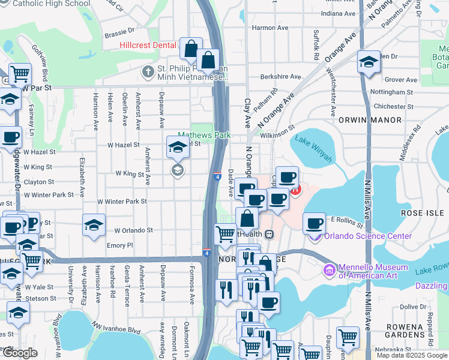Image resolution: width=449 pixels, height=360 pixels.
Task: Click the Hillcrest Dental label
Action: point(148,45)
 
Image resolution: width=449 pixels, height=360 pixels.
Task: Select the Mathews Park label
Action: point(204,136)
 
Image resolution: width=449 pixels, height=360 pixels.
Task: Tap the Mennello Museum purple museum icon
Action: point(329,270)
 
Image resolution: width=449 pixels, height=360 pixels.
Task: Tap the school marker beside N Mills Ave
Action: point(368,61)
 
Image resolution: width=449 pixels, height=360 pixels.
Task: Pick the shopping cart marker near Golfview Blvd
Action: point(20,74)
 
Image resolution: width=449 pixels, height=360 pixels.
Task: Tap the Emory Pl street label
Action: point(119,245)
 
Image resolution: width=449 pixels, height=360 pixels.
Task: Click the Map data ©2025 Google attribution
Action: point(412,355)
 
